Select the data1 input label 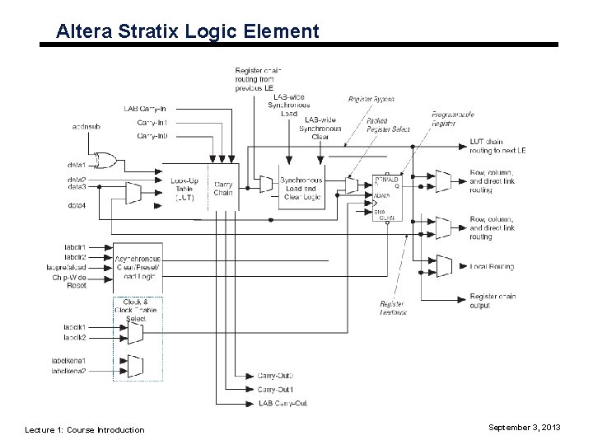pyautogui.click(x=77, y=166)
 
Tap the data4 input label pyautogui.click(x=77, y=205)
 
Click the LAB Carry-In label pyautogui.click(x=146, y=109)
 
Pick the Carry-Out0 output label pyautogui.click(x=275, y=376)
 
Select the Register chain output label pyautogui.click(x=493, y=301)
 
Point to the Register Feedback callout pyautogui.click(x=392, y=307)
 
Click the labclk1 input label pyautogui.click(x=75, y=327)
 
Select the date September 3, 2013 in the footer pyautogui.click(x=524, y=429)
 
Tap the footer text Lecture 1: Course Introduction pyautogui.click(x=85, y=429)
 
